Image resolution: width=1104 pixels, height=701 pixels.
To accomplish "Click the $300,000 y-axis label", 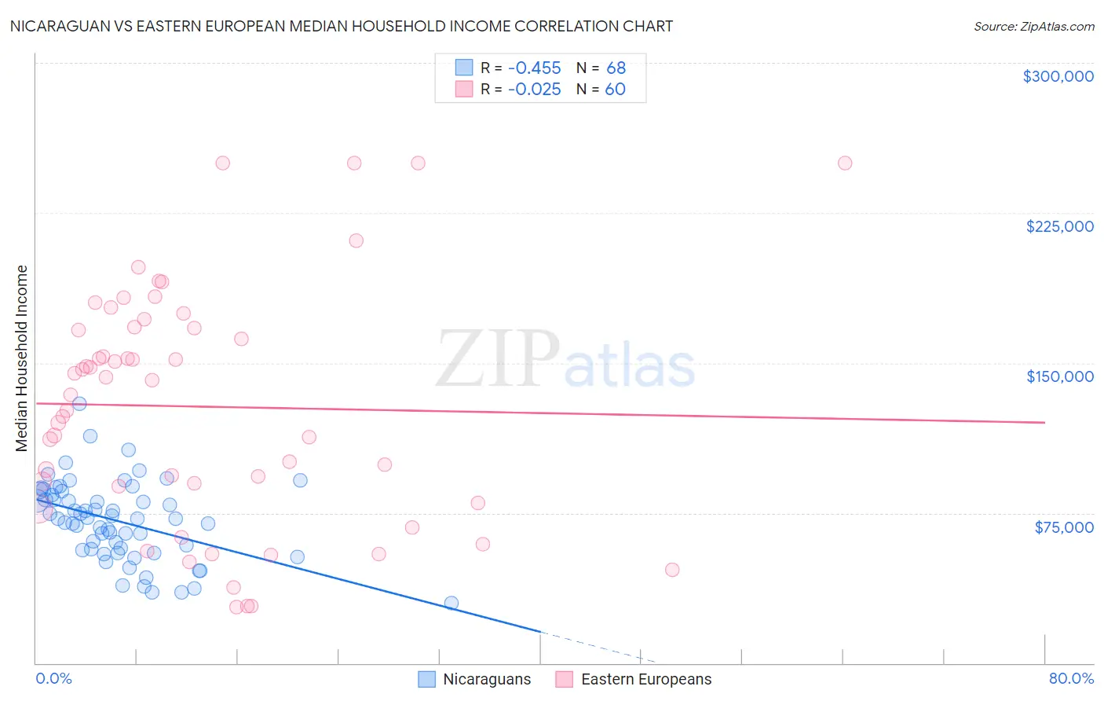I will click(x=1058, y=76).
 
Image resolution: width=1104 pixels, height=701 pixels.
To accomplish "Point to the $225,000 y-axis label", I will click(x=1059, y=226).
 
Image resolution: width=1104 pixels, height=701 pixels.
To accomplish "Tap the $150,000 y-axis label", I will click(x=1059, y=376).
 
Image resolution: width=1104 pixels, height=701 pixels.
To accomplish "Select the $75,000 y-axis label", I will click(x=1063, y=527).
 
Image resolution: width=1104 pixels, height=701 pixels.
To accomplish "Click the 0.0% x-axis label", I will click(x=53, y=678).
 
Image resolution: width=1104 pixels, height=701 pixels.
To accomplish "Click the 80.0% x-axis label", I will click(x=1071, y=678).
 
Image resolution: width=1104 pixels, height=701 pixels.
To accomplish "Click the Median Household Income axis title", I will click(x=21, y=358).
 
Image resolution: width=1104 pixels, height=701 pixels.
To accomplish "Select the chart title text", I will click(x=342, y=26).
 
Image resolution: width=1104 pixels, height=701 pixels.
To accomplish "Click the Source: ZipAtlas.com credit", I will click(x=1033, y=26).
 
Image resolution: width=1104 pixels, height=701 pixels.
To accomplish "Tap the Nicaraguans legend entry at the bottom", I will click(x=487, y=679).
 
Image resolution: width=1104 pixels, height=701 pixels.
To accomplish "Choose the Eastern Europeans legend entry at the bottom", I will click(x=645, y=679).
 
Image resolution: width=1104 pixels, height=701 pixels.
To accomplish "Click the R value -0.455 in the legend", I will click(x=534, y=68).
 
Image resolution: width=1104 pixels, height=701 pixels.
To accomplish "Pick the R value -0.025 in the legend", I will click(x=534, y=90).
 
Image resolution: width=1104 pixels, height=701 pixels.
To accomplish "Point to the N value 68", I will click(x=616, y=68).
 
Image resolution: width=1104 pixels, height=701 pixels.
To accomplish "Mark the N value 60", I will click(x=615, y=90).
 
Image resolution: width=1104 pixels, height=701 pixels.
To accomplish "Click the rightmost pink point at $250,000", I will click(x=845, y=163).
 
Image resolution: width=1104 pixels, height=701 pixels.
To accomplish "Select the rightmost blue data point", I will click(x=451, y=604).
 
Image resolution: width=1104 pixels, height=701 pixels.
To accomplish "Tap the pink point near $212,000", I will click(x=356, y=240).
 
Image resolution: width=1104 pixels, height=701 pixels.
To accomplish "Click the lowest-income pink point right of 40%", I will click(x=672, y=570).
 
